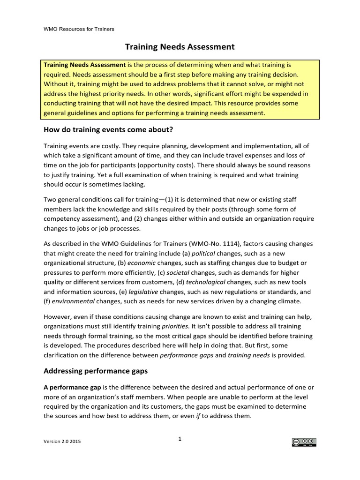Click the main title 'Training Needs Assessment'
click(179, 47)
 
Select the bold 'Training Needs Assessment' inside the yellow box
click(84, 64)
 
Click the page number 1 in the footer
click(180, 439)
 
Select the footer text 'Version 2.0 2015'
click(62, 442)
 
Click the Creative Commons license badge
click(304, 442)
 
